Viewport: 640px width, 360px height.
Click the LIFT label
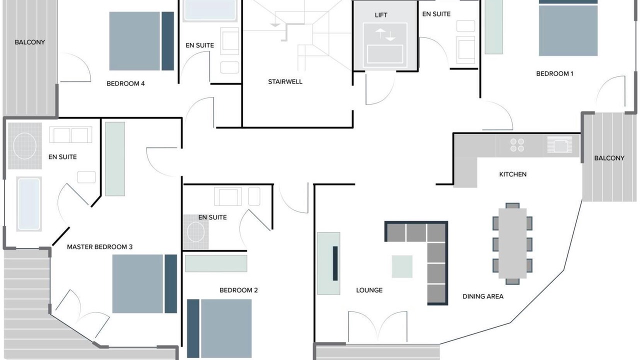381,15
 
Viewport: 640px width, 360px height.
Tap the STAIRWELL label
285,81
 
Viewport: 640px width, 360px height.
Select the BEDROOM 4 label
125,83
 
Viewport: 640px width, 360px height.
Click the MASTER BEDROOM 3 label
99,247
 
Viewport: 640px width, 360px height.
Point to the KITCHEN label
512,174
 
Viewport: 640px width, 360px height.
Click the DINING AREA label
483,296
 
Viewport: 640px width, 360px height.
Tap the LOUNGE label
369,290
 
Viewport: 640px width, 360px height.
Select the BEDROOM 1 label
554,73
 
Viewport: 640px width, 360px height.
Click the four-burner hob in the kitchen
517,145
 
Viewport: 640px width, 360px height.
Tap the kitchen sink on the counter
559,144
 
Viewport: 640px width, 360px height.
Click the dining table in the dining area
512,243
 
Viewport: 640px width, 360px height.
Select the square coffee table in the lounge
402,266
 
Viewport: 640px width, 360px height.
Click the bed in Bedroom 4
141,41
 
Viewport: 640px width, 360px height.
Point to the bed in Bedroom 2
219,328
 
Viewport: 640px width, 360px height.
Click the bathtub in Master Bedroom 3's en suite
29,204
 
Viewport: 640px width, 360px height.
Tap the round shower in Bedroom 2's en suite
195,231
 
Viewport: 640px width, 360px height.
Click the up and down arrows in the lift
385,34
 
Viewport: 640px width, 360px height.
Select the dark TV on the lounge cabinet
335,263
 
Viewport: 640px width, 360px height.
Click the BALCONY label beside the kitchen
609,158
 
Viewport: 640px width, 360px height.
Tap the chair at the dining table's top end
512,205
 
